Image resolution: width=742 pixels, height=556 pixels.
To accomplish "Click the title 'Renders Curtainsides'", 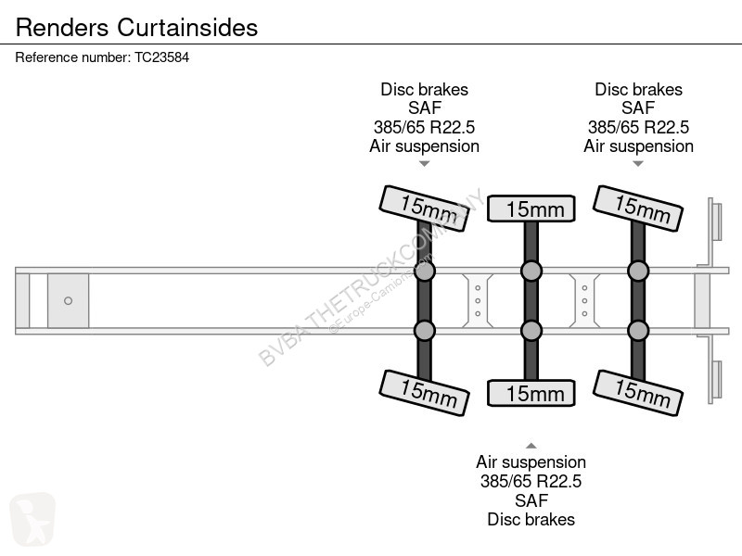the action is (136, 27).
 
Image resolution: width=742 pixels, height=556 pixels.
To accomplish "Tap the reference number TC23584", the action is (161, 57).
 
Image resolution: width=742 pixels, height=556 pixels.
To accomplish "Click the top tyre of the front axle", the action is (425, 208).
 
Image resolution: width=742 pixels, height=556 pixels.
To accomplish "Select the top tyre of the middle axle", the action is (531, 208).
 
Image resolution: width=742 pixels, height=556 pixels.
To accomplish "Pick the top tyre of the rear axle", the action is (638, 208).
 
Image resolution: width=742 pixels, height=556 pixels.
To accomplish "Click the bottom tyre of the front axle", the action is (425, 393).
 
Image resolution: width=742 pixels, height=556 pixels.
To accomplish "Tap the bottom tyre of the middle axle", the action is (531, 393).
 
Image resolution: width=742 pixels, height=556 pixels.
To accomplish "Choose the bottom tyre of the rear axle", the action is (638, 393).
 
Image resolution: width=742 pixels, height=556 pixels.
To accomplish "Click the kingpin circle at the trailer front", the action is (68, 300).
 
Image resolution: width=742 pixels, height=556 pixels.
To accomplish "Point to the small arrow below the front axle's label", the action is (425, 164).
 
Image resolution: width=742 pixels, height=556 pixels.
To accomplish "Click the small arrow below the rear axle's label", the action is (638, 164).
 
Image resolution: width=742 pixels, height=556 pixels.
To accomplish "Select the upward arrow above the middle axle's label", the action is (531, 446).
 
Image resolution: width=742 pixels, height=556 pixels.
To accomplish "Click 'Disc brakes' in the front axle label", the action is (425, 89).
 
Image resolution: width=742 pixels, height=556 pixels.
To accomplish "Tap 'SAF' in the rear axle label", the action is (638, 108).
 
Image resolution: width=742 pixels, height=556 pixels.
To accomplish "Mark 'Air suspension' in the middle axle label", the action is (531, 461).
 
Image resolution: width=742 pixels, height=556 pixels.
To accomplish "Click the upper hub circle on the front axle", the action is (425, 271).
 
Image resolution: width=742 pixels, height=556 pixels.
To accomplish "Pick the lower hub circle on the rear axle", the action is (638, 331).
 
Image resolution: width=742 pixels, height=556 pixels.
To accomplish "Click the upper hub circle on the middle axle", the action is (531, 271).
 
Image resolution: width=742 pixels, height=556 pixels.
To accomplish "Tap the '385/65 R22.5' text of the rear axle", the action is (638, 127).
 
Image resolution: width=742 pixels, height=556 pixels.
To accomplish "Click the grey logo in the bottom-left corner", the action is (32, 519).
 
